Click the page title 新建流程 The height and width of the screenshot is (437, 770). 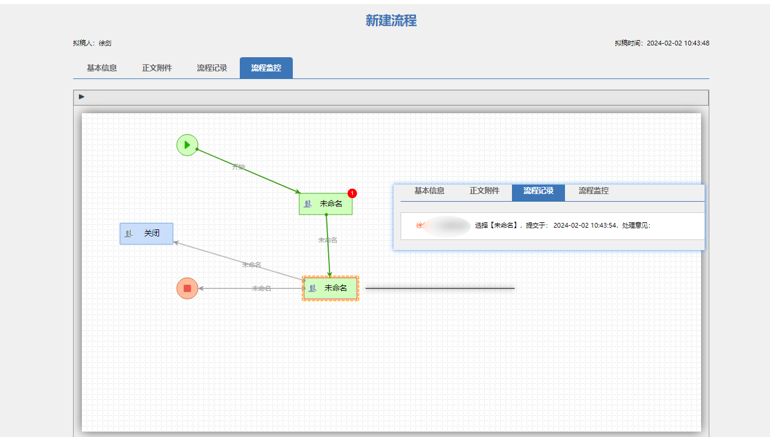391,21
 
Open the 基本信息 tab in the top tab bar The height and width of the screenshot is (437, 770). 101,68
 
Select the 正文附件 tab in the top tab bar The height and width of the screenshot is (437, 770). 157,68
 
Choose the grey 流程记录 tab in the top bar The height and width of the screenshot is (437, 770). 211,68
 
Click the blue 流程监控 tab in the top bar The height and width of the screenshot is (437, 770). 266,68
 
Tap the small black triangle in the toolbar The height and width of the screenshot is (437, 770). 82,97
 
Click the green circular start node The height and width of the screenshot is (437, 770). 187,144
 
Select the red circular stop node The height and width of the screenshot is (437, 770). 187,288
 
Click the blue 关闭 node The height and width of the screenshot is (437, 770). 146,234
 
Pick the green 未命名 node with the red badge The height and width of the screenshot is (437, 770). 325,204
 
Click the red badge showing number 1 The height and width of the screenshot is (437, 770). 352,193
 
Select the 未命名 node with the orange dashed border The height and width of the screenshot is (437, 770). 331,288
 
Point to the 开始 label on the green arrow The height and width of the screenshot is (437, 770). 238,167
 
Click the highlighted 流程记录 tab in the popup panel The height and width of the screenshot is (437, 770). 538,191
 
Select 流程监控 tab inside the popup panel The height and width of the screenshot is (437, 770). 593,191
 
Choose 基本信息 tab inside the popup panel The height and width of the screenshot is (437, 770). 429,191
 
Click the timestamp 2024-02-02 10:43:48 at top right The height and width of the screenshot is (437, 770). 678,43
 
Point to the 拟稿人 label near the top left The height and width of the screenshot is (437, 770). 84,43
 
